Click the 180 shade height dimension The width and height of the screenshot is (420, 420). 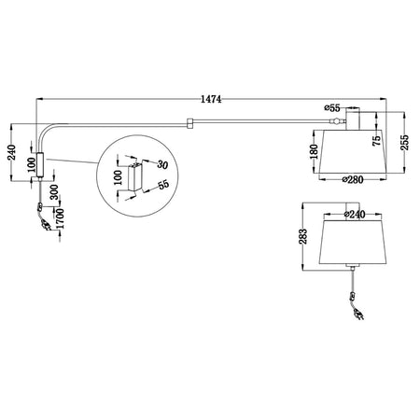[315, 150]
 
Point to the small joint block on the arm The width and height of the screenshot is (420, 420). [189, 121]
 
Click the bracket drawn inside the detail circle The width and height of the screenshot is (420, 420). [137, 176]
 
